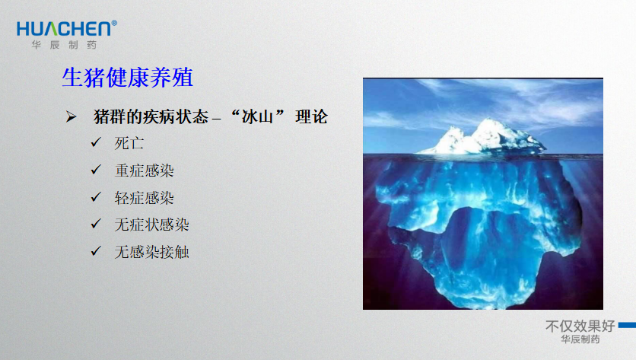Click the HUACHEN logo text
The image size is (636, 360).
click(x=64, y=29)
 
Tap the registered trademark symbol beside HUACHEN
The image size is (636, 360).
click(x=114, y=23)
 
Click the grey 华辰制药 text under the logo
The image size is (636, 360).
click(x=64, y=45)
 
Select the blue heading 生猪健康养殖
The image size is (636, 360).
click(x=127, y=77)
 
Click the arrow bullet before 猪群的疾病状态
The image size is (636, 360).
click(x=71, y=117)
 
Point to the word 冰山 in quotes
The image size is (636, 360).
click(x=257, y=117)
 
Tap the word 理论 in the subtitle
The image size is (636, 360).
click(x=311, y=117)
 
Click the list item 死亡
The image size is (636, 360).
click(x=129, y=143)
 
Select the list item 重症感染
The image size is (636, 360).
click(x=144, y=170)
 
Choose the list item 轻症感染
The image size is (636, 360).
click(x=144, y=198)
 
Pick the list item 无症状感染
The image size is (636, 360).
click(x=151, y=225)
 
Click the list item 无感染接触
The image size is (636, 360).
click(x=151, y=252)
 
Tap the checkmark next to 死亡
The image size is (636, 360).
click(x=96, y=142)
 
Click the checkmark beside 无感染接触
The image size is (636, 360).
click(x=96, y=251)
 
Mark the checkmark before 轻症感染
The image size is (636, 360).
click(x=96, y=196)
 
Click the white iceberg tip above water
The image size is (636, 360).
click(x=482, y=138)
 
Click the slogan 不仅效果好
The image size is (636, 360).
click(x=580, y=326)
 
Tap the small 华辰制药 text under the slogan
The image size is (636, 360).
click(x=580, y=339)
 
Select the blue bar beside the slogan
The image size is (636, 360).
click(x=627, y=325)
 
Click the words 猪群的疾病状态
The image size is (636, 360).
click(x=151, y=117)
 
